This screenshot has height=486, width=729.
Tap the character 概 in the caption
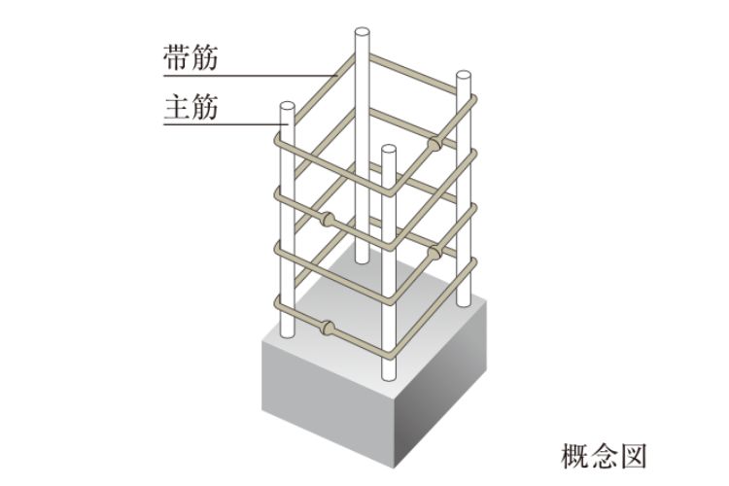[x=578, y=454]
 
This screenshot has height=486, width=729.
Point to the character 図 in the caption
[x=630, y=454]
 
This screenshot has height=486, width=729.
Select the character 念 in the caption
[x=605, y=454]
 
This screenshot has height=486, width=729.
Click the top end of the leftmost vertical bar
[x=286, y=105]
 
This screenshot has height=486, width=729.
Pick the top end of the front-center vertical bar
[x=389, y=151]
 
